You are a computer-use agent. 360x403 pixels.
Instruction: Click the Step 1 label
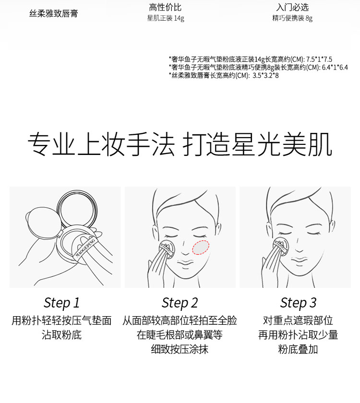tap(61, 303)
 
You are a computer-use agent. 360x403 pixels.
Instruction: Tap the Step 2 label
tap(180, 303)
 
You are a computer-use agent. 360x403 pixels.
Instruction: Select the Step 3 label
tap(298, 303)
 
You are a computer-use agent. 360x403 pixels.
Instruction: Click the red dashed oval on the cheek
tap(201, 248)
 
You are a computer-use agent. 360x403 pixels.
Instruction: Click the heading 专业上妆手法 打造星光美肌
tap(180, 144)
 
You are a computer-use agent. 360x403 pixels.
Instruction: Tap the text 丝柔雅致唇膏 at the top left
tap(53, 13)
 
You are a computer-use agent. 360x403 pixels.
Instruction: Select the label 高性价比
tap(165, 7)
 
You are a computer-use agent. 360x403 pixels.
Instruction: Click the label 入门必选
tap(292, 7)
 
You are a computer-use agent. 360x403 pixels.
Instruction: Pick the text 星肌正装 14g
tap(166, 18)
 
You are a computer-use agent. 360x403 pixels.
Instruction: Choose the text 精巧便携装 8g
tap(292, 18)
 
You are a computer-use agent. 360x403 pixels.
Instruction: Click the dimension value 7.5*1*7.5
tap(319, 59)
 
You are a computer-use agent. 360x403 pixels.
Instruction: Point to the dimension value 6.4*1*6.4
tap(335, 68)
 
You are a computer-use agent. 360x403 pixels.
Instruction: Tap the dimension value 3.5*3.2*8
tap(265, 76)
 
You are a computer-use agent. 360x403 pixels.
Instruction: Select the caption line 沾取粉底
tap(61, 335)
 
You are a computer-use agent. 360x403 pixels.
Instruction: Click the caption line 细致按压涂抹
tap(180, 349)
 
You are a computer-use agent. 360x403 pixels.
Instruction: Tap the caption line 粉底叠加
tap(298, 349)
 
